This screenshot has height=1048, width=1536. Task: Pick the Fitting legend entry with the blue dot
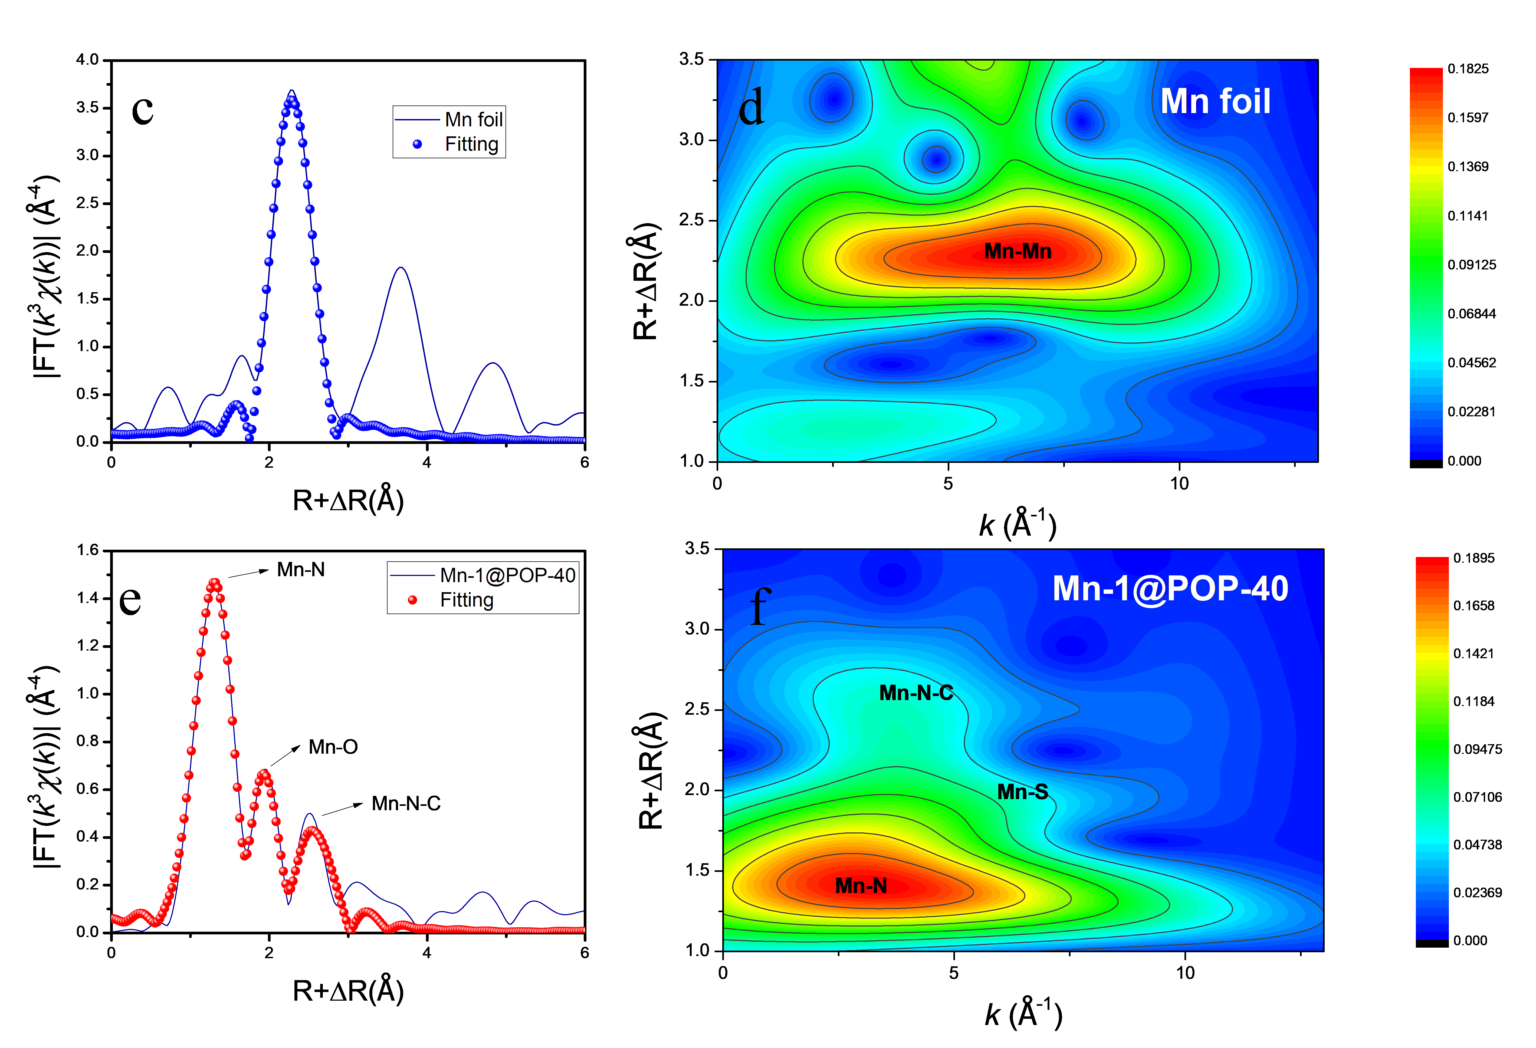pyautogui.click(x=471, y=144)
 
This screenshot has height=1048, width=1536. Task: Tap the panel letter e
pyautogui.click(x=130, y=599)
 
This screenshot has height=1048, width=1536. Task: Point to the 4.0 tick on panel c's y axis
pyautogui.click(x=87, y=60)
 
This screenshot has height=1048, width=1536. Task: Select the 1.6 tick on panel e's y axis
pyautogui.click(x=87, y=550)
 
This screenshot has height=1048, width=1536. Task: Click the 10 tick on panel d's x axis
pyautogui.click(x=1179, y=484)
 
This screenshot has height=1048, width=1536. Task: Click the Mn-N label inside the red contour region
pyautogui.click(x=861, y=885)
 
